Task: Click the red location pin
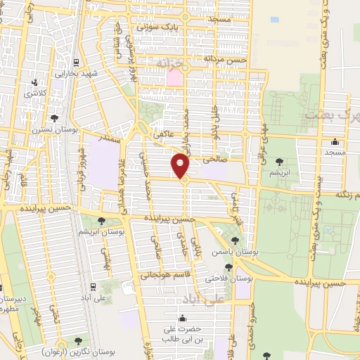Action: [x=181, y=166]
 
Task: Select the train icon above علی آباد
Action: [x=94, y=286]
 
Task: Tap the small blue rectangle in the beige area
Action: [x=274, y=20]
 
